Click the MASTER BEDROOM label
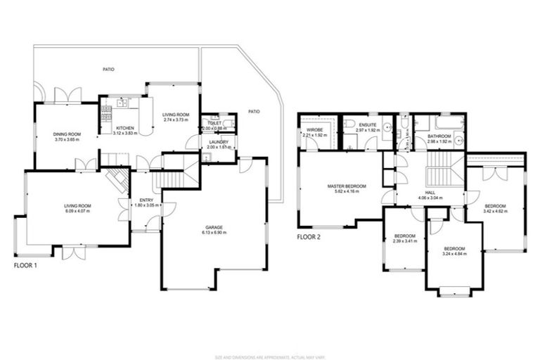tap(343, 186)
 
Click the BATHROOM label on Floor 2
tap(438, 136)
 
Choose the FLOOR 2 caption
tap(309, 237)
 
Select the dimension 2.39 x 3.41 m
tap(404, 240)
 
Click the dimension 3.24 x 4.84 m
tap(454, 254)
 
